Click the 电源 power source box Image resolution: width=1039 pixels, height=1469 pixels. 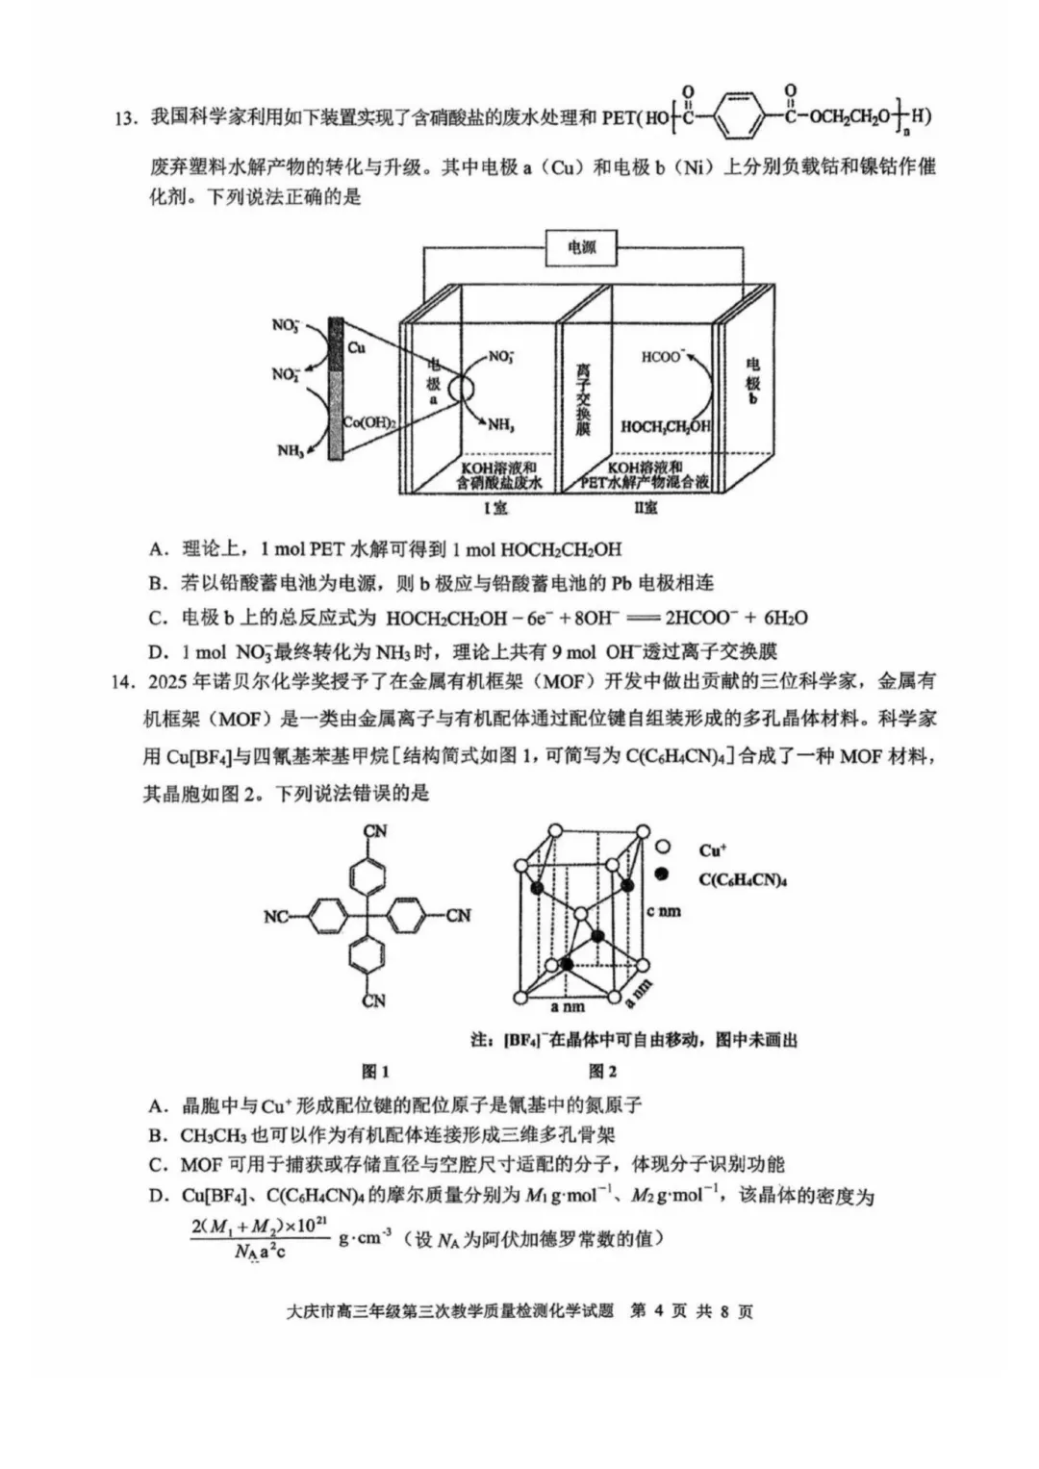tap(581, 248)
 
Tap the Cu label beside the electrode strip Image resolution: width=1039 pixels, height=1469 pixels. tap(357, 347)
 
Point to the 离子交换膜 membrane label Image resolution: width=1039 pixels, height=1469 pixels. tap(583, 400)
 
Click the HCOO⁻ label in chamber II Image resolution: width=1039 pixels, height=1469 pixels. tap(662, 357)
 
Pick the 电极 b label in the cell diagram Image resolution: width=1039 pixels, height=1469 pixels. tap(752, 380)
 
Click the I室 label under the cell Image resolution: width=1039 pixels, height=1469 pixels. tap(495, 506)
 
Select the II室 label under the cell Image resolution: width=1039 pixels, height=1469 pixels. tap(646, 506)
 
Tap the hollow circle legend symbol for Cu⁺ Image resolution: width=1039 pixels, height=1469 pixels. tap(662, 848)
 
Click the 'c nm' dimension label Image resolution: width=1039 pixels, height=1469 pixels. tap(664, 910)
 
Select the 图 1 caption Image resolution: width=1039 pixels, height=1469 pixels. tap(374, 1071)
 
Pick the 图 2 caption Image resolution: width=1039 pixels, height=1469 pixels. tap(602, 1071)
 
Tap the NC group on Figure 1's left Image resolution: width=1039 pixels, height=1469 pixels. tap(276, 917)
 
